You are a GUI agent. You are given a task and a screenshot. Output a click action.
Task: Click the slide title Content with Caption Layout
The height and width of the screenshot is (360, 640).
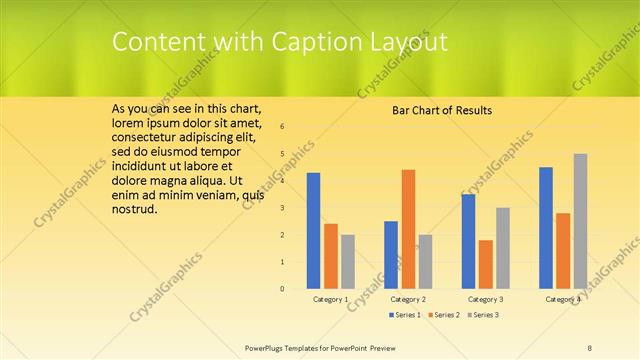[279, 42]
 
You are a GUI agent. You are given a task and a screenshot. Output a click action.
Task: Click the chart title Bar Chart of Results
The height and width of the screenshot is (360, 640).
[441, 110]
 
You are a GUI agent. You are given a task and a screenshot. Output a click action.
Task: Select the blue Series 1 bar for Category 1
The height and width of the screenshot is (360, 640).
[313, 230]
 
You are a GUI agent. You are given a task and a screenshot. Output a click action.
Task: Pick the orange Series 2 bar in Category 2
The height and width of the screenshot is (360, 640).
[408, 228]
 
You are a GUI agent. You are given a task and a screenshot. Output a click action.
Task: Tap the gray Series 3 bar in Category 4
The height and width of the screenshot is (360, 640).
[580, 220]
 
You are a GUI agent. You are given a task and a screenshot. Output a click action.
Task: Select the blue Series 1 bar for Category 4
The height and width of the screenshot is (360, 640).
[545, 227]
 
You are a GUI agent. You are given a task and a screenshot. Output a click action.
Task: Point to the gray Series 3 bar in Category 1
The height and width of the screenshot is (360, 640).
[347, 261]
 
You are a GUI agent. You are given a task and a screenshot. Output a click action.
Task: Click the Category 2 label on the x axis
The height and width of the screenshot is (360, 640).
[408, 300]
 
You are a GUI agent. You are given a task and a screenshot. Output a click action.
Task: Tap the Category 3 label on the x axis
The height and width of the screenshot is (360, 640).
[485, 300]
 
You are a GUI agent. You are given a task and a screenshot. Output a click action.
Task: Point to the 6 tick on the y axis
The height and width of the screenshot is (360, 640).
[283, 127]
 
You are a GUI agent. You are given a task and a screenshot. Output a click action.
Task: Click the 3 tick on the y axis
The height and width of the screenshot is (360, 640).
[283, 208]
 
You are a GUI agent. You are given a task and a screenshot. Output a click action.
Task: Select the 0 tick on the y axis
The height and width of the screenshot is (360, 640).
[283, 289]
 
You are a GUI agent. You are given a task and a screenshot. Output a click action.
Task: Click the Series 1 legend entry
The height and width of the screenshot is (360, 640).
[404, 315]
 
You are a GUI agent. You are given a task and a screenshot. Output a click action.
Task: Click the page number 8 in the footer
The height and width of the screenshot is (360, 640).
[589, 347]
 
